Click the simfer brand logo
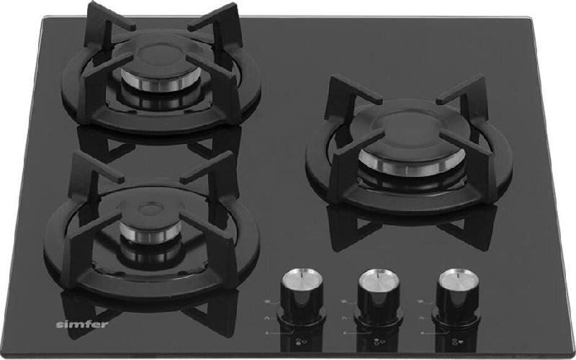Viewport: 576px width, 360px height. [82, 325]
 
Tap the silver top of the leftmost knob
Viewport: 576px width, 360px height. [302, 277]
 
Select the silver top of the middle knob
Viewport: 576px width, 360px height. [379, 279]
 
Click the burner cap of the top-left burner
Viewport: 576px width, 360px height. [158, 60]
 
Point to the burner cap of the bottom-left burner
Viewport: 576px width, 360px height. [150, 212]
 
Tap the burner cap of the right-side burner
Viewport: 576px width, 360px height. [411, 137]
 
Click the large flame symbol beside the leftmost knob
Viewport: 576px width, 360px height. [267, 302]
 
